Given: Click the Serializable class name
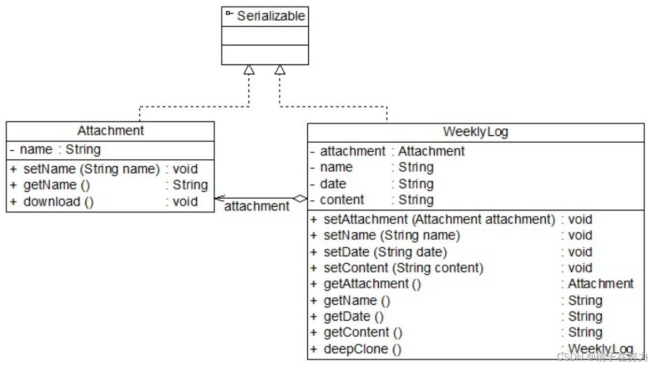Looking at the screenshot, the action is click(x=271, y=16).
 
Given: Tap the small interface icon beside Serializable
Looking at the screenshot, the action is click(x=229, y=13).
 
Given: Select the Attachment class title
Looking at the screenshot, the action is click(x=110, y=131).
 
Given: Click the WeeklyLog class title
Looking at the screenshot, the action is click(x=476, y=132).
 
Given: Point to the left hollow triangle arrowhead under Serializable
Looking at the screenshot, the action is click(x=249, y=69).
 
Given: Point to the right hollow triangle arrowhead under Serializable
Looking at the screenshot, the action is click(x=280, y=69).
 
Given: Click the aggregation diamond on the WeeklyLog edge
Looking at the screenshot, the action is click(x=300, y=199).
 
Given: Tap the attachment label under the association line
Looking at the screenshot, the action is click(x=257, y=207).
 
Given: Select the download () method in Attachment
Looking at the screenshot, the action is click(x=59, y=202).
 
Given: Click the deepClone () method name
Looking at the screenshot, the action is click(x=362, y=349).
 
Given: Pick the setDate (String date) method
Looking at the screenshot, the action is click(x=386, y=252).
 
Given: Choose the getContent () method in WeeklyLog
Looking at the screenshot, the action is click(x=363, y=332).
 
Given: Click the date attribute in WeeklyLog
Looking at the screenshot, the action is click(x=333, y=184).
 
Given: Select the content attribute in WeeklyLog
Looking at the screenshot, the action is click(x=342, y=200).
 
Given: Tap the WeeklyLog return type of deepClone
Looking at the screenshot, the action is click(x=601, y=349).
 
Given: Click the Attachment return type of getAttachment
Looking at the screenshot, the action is click(x=601, y=284).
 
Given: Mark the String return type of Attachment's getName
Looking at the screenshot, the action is click(x=190, y=185).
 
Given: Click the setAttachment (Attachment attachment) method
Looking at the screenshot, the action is click(x=439, y=219).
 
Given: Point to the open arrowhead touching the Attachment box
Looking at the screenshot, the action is click(x=220, y=199).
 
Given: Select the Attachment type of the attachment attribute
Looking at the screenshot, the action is click(x=432, y=151).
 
